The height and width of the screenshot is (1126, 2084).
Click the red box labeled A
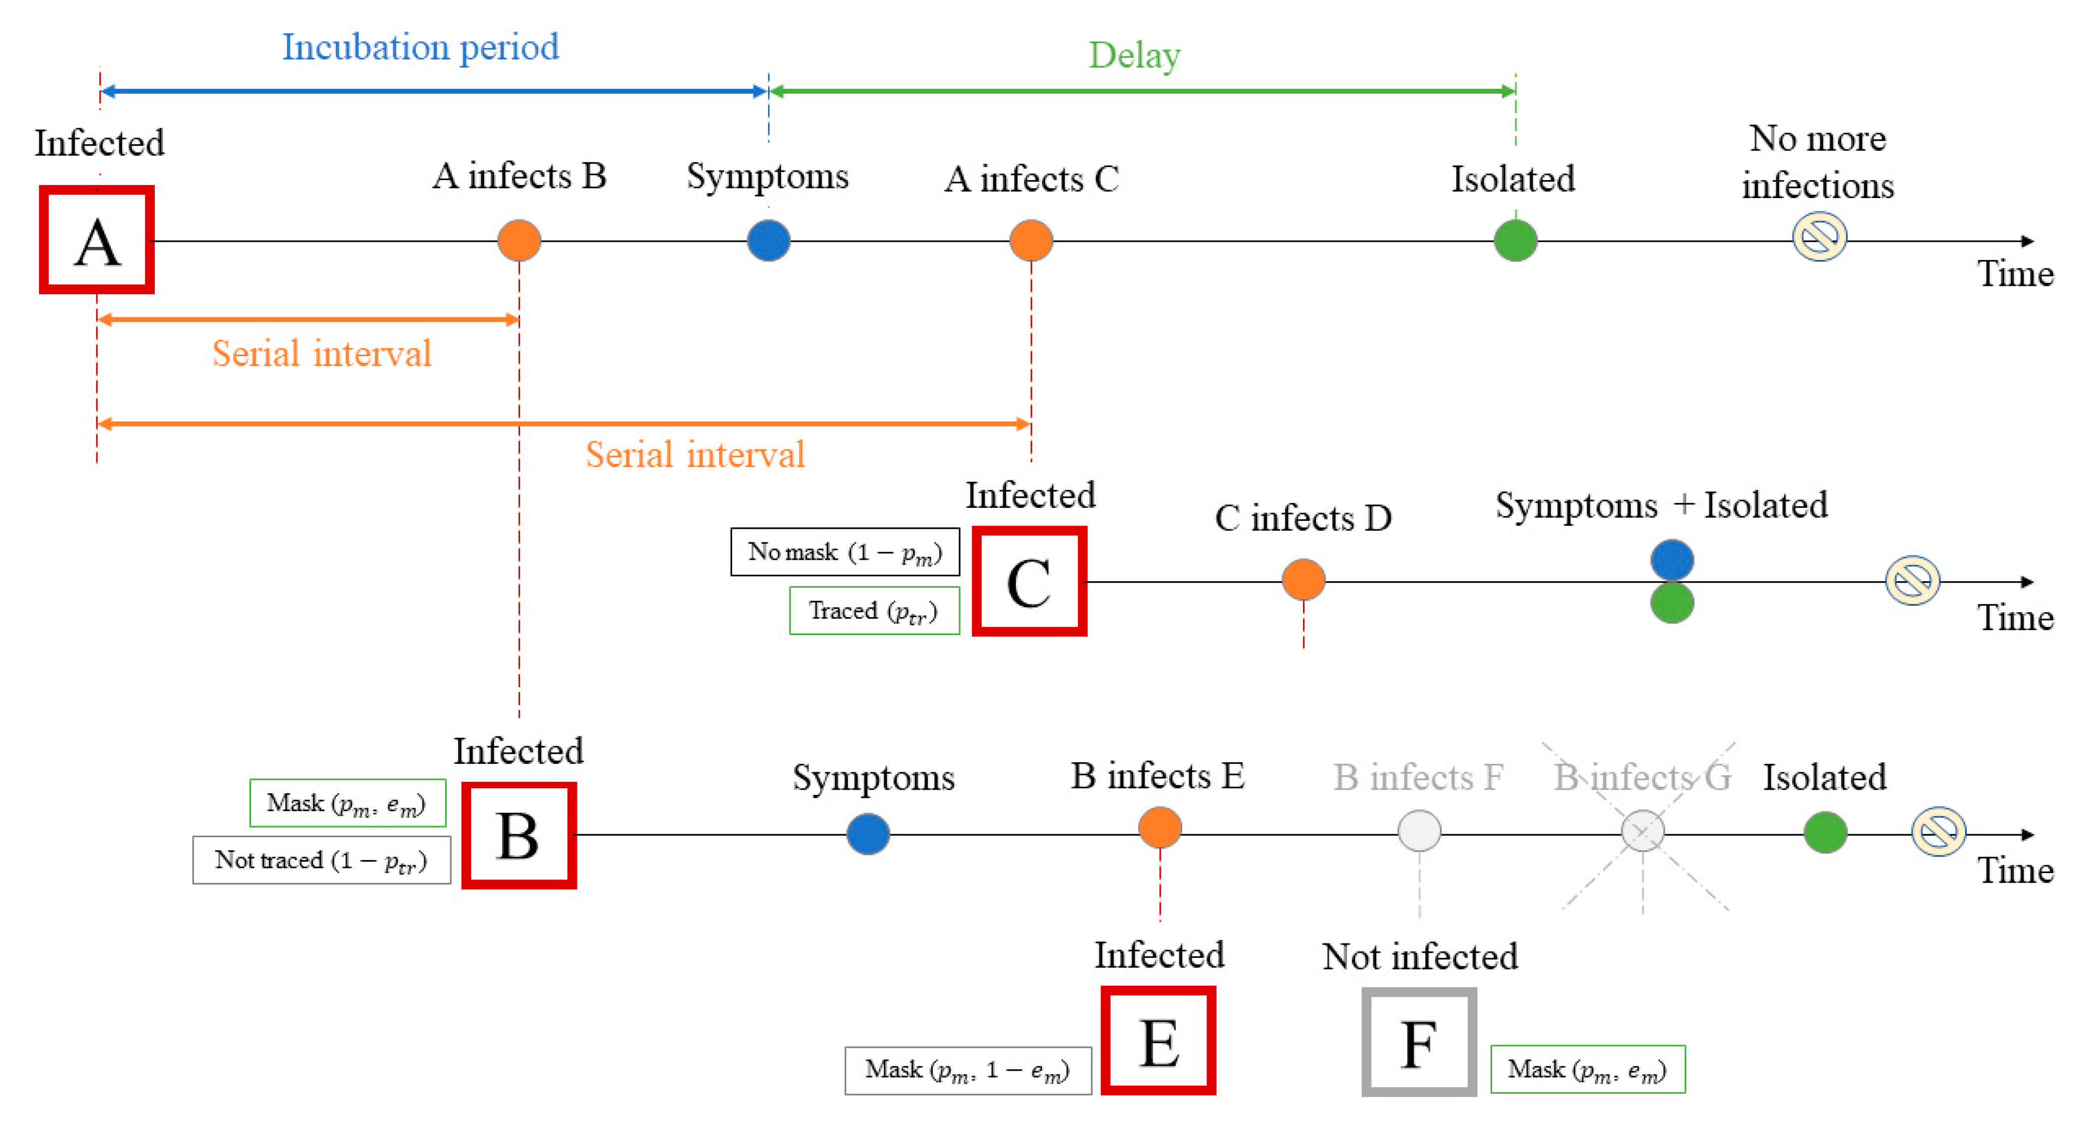(97, 240)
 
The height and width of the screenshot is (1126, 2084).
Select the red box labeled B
(519, 835)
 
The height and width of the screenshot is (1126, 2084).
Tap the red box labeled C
(1029, 582)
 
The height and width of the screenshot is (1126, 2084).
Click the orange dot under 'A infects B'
(519, 240)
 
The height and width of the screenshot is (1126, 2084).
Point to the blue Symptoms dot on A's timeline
(769, 240)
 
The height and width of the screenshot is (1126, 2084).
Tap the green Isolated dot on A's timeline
(1515, 240)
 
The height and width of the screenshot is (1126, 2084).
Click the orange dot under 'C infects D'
(1303, 579)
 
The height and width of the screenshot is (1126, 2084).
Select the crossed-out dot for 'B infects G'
(1642, 831)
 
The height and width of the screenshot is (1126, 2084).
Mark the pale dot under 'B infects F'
(1419, 831)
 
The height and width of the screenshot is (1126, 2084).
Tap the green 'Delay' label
(1134, 55)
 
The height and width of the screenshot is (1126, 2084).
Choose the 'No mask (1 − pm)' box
(844, 552)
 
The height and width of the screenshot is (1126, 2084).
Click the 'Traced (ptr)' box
(874, 611)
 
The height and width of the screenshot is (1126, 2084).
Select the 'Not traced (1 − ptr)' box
(321, 860)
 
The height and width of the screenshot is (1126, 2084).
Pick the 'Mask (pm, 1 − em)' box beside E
(968, 1070)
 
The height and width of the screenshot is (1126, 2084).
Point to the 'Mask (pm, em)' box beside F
(1587, 1070)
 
